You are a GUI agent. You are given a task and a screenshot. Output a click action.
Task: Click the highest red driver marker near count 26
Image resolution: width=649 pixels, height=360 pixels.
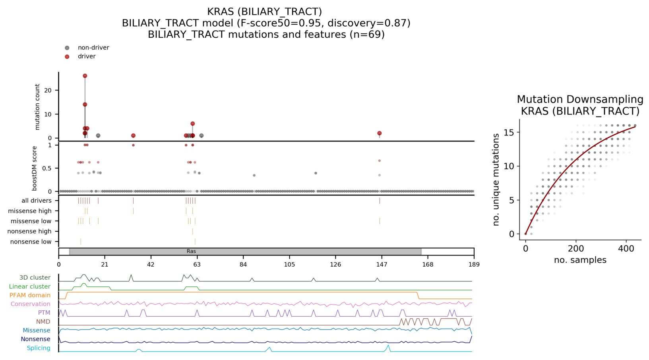click(x=85, y=76)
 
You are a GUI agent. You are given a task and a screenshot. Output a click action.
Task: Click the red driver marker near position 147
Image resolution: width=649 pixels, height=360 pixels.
click(x=380, y=134)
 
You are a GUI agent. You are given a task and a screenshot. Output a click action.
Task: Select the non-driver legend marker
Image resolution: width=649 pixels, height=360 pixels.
click(x=67, y=48)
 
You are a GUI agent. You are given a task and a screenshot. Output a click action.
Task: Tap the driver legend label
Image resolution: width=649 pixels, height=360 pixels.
click(x=87, y=56)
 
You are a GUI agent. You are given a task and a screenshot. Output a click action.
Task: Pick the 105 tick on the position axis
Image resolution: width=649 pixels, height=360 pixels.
click(x=289, y=265)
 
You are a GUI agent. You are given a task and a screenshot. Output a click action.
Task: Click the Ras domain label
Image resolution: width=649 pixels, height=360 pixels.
click(x=191, y=252)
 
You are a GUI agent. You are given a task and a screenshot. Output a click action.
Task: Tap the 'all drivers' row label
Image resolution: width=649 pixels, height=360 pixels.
click(x=37, y=201)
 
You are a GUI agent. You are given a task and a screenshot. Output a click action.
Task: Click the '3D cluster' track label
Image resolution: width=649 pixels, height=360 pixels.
click(x=35, y=278)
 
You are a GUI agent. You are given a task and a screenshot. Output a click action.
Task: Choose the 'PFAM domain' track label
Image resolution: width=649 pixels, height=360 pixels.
click(x=30, y=295)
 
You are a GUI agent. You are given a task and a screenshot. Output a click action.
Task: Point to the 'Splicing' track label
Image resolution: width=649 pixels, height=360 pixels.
click(x=39, y=348)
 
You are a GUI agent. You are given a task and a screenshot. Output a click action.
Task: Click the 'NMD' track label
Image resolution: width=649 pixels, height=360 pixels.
click(x=43, y=321)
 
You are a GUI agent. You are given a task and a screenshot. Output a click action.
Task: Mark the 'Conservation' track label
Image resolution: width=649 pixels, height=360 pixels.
click(x=31, y=304)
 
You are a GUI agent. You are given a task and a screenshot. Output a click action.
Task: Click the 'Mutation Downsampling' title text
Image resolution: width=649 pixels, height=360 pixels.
click(x=580, y=99)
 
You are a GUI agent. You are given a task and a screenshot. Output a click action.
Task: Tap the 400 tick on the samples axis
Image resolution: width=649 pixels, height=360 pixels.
click(x=626, y=249)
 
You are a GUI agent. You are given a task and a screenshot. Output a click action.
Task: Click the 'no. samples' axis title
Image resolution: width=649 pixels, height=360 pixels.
click(x=580, y=260)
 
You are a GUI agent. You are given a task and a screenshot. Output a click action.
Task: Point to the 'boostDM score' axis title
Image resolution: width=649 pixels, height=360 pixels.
click(x=35, y=168)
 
